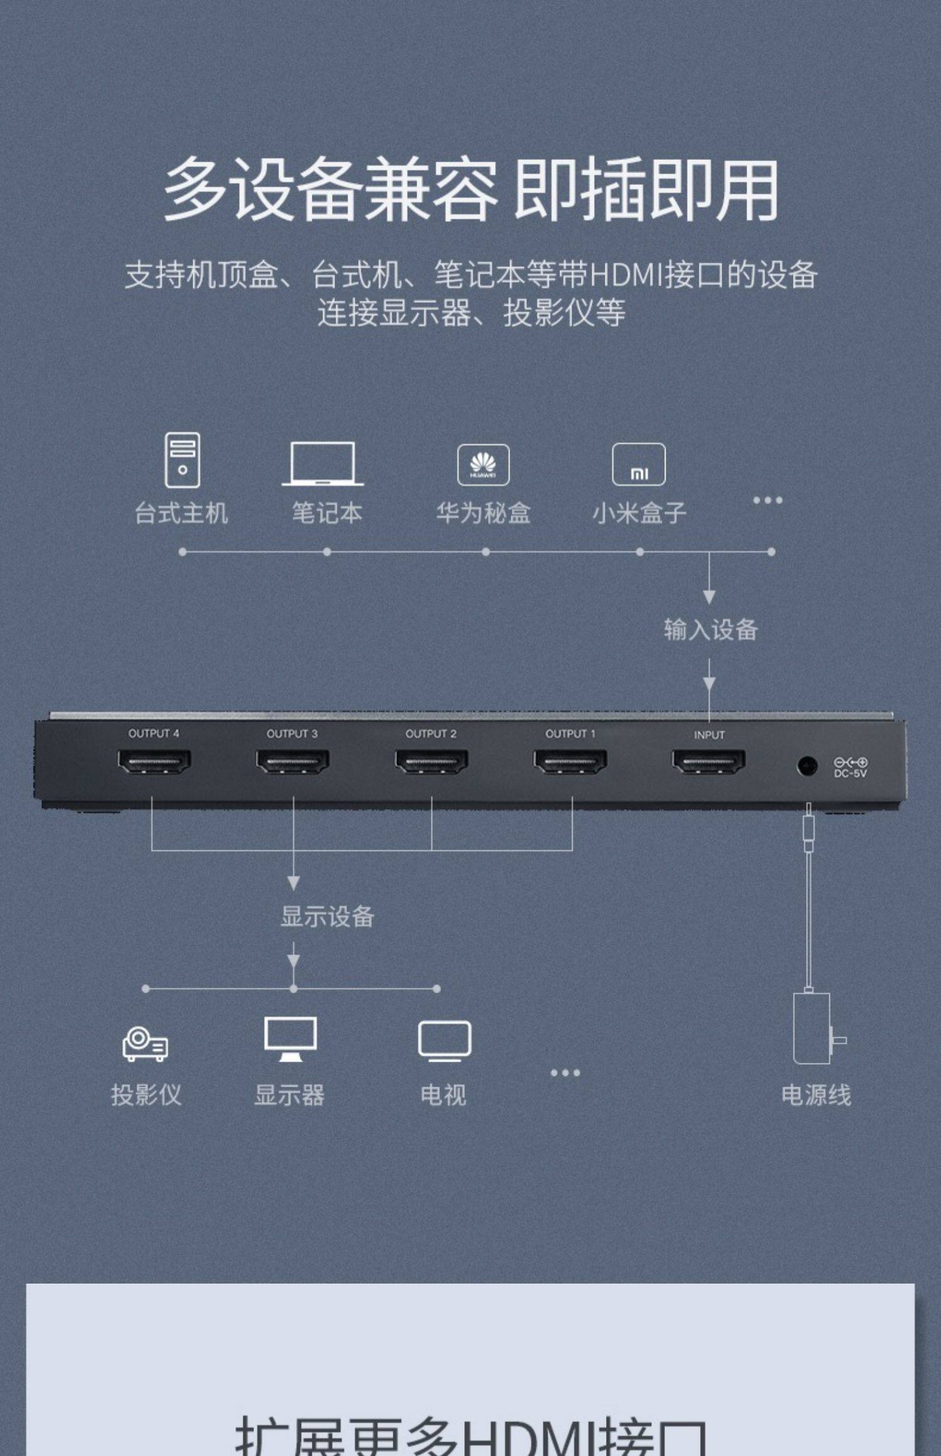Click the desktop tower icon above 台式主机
pos(183,460)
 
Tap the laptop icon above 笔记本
pos(322,464)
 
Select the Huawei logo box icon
pos(483,465)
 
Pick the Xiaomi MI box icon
pos(639,465)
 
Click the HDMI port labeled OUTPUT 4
pos(154,762)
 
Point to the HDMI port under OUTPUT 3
pos(292,762)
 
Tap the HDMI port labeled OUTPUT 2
pos(432,762)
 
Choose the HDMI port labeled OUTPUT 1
pos(570,762)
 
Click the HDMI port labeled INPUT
pos(708,762)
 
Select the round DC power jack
pos(807,766)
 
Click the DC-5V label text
pos(850,774)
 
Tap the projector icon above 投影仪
pos(145,1043)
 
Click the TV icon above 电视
pos(444,1041)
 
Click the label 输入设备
pos(711,630)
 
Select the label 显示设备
pos(327,917)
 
